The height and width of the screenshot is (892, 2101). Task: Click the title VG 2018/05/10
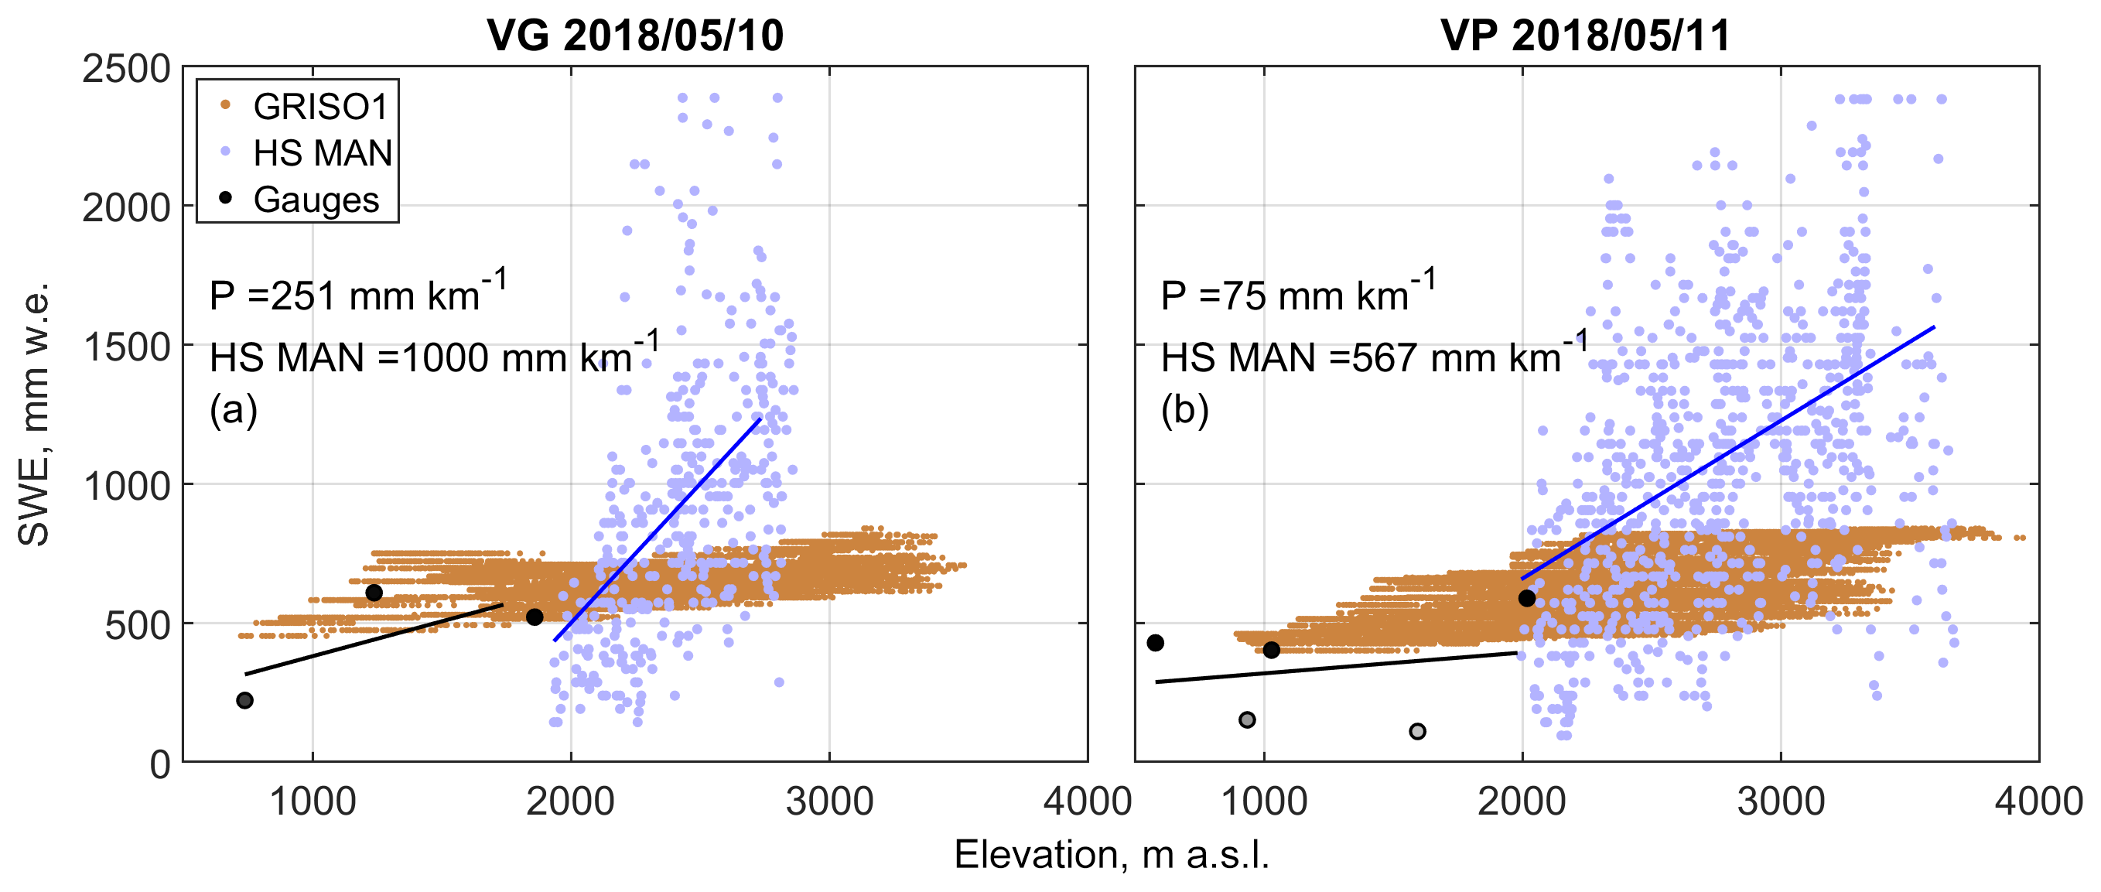(x=634, y=35)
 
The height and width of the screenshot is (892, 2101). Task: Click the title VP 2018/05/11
(x=1586, y=35)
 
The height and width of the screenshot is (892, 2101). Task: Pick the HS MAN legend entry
(x=322, y=153)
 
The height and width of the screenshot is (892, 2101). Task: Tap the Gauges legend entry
(x=316, y=200)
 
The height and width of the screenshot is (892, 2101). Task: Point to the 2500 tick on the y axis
(x=126, y=69)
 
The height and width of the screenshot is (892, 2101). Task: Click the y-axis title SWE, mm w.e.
(x=34, y=414)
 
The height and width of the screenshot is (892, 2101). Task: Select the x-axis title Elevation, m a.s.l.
(x=1111, y=855)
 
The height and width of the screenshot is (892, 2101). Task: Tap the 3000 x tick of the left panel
(x=829, y=801)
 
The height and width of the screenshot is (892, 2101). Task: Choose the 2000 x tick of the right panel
(x=1522, y=801)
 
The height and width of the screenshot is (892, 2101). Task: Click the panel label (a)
(x=234, y=409)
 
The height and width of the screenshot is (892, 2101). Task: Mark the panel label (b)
(x=1184, y=409)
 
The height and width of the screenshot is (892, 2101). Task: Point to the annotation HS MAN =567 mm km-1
(x=1375, y=356)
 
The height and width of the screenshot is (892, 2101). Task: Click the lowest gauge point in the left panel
(x=244, y=700)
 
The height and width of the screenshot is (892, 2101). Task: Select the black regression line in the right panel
(x=1337, y=667)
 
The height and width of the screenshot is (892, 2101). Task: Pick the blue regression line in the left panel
(x=658, y=529)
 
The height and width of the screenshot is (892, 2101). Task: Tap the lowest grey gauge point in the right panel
(x=1417, y=730)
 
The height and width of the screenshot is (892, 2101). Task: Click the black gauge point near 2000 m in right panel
(x=1527, y=599)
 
